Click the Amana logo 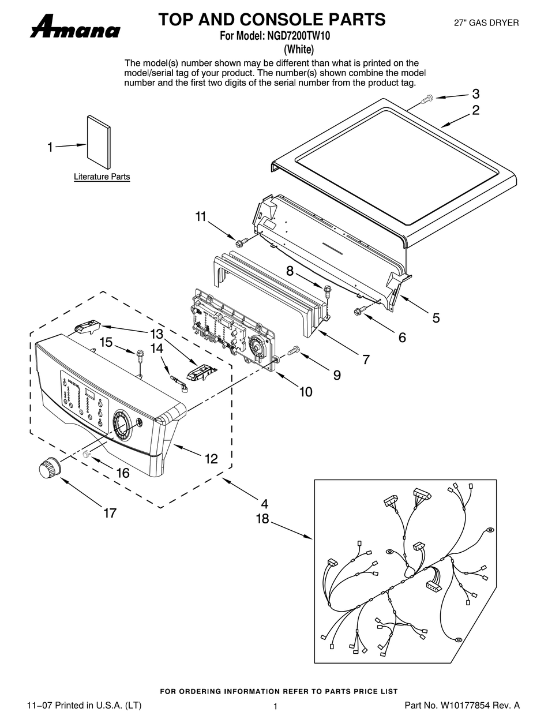75,27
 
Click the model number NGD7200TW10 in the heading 298,36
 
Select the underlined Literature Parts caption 102,177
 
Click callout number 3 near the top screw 476,93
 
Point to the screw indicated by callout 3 426,100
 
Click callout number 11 200,216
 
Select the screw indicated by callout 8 328,289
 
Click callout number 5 436,317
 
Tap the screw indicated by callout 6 358,312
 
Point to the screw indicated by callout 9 294,349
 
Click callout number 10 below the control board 305,392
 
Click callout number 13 156,334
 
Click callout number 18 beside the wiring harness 262,519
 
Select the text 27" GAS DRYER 486,23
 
